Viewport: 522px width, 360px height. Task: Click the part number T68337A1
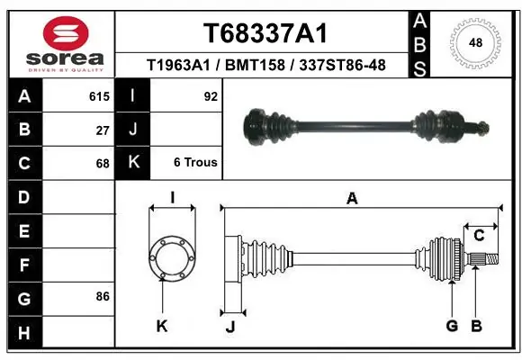[265, 34]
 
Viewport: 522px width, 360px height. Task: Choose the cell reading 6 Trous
[195, 163]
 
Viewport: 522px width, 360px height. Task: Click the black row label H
[23, 334]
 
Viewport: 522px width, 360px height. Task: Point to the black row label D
[23, 197]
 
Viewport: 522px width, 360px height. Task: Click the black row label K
[132, 163]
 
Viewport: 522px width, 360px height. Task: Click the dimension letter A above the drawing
[352, 199]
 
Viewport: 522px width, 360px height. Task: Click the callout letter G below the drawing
[452, 326]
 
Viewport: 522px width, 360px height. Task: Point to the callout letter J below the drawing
[230, 326]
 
